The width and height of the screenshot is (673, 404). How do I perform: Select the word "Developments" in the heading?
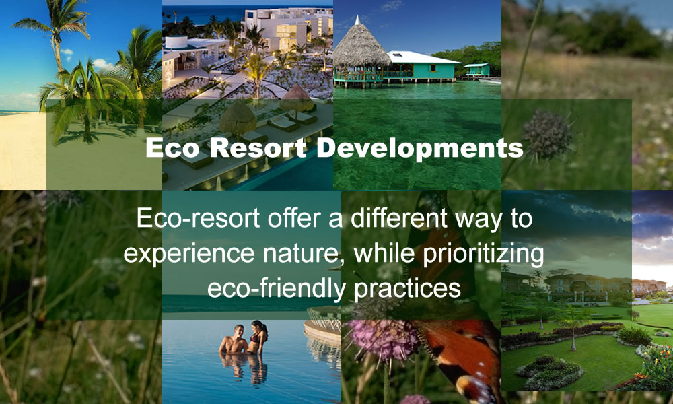click(x=420, y=149)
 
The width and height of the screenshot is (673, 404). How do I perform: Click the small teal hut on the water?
click(x=476, y=69)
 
